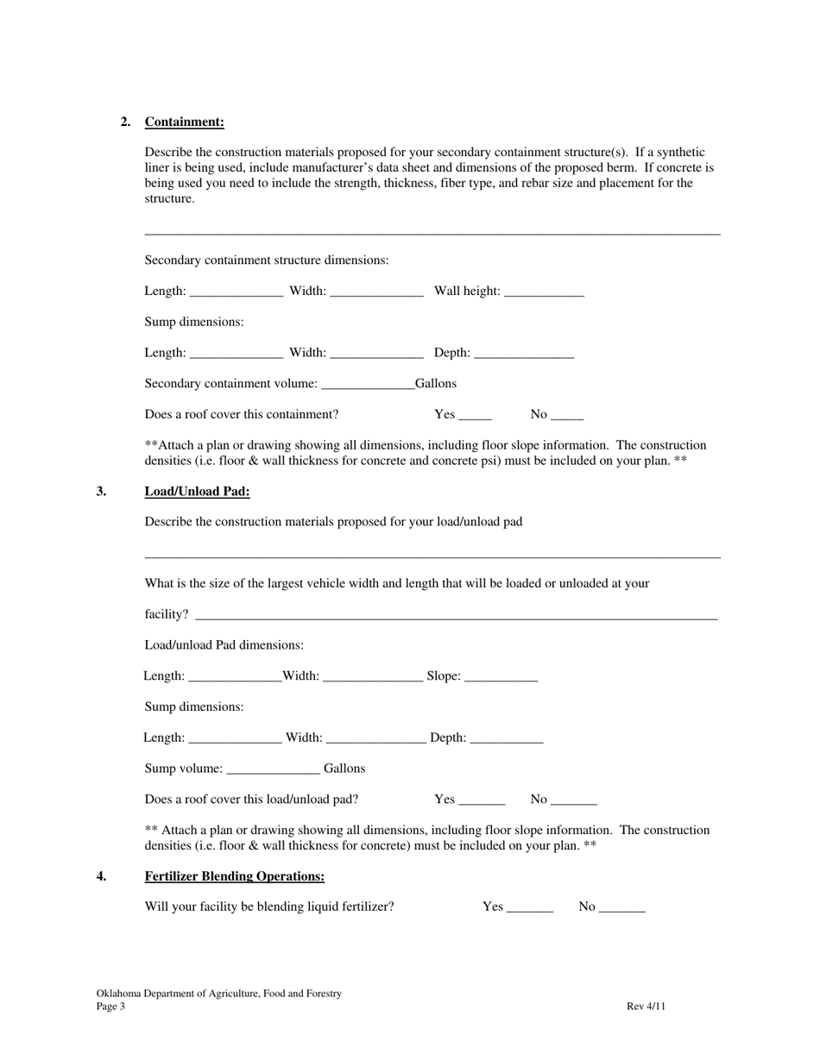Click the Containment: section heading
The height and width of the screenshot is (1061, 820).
(184, 122)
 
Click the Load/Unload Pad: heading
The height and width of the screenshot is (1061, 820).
(197, 492)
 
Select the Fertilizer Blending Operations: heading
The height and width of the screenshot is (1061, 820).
(234, 876)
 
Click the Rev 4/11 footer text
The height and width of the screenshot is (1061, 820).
(646, 1007)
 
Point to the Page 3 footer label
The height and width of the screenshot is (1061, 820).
(110, 1007)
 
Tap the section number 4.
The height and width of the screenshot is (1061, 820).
(102, 876)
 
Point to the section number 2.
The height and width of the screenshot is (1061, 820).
(126, 122)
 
